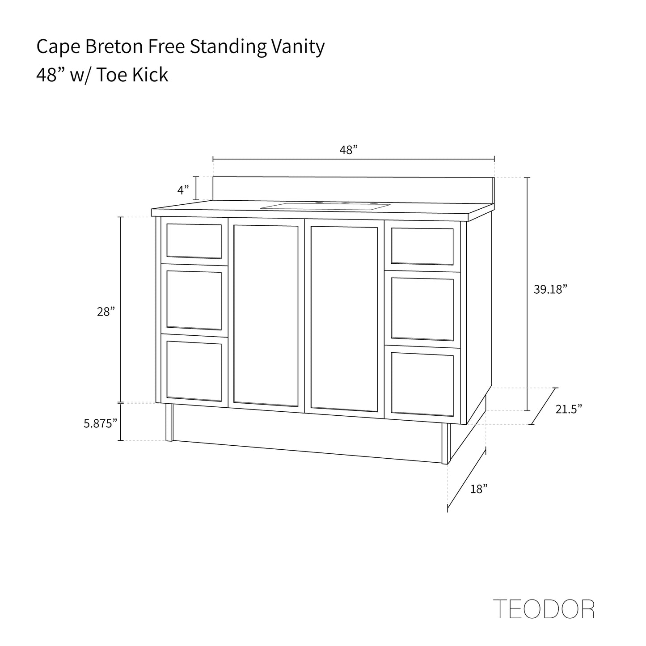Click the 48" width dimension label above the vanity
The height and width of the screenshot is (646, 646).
click(349, 150)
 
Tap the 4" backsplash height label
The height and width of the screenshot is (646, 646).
click(183, 190)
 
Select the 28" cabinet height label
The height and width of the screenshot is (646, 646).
click(106, 312)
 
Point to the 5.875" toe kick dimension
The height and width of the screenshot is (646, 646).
click(101, 424)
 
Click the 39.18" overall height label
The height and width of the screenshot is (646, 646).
click(550, 289)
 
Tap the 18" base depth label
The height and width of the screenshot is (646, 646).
click(478, 490)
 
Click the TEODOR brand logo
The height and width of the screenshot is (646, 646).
click(543, 609)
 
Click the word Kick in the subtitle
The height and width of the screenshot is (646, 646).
click(150, 75)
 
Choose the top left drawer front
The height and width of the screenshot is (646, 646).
click(194, 241)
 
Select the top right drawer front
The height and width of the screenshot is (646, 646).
click(422, 246)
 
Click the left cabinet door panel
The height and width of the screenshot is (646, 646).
click(266, 316)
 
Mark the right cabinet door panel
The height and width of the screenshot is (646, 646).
click(344, 318)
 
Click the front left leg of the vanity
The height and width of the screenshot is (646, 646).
click(169, 422)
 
